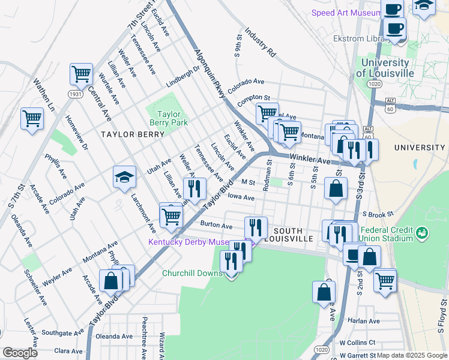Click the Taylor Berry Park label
172,118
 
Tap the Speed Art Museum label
345,13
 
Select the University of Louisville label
385,67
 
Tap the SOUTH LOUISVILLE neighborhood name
293,234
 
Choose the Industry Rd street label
259,42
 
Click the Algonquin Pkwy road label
210,74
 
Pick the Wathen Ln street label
44,95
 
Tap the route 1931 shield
75,94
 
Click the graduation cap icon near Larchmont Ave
124,176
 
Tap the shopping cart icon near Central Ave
81,74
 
